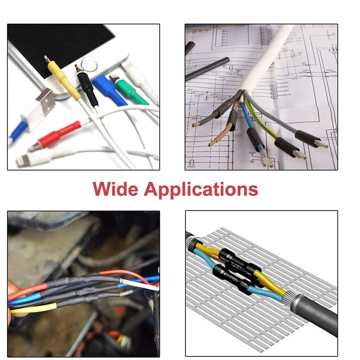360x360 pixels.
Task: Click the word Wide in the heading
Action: click(114, 189)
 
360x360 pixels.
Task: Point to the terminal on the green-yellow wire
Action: click(300, 155)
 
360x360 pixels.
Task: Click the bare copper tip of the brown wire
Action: click(212, 143)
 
